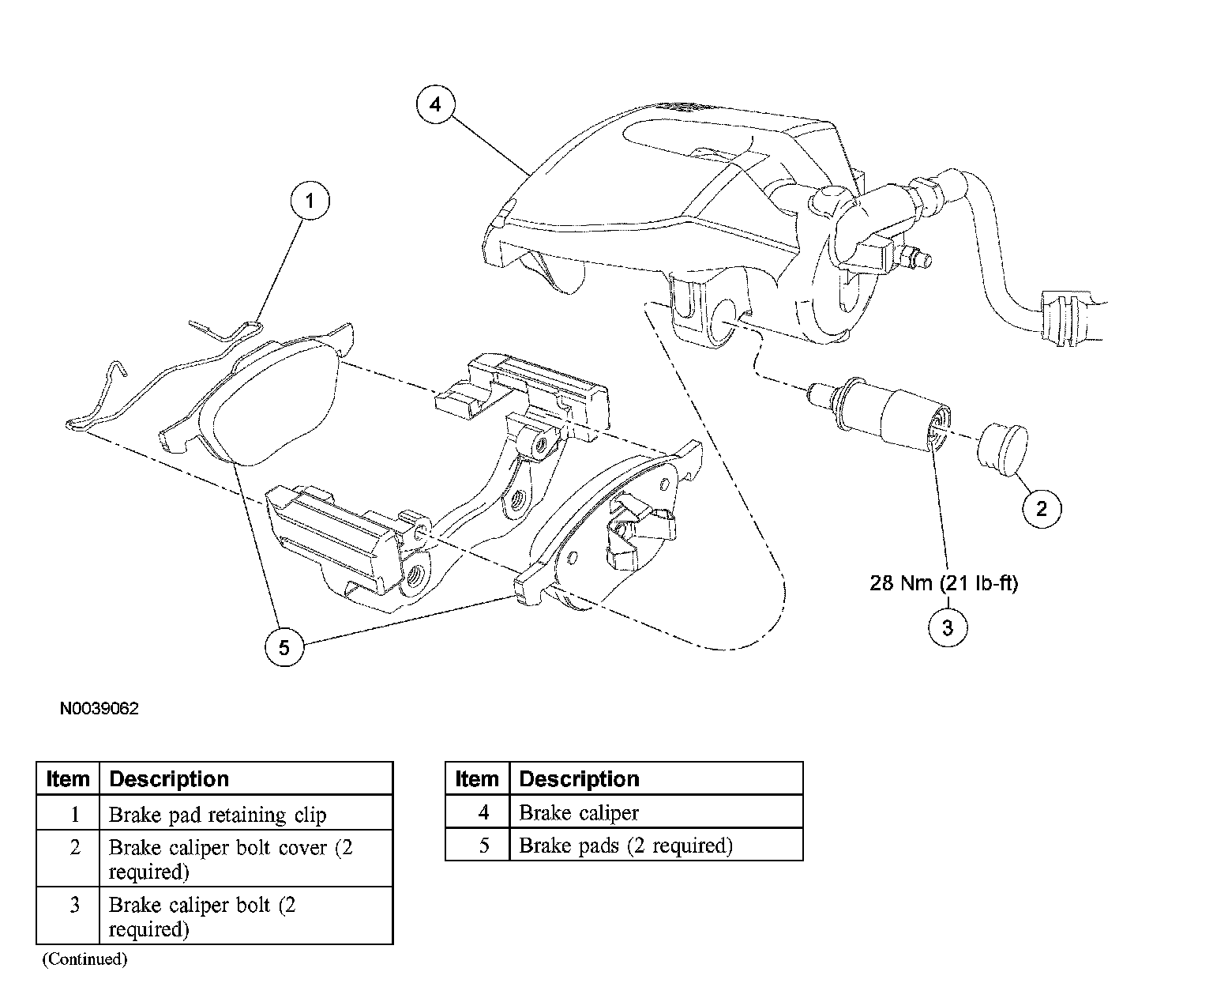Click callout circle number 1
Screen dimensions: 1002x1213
click(x=310, y=201)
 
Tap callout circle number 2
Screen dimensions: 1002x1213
click(x=1041, y=508)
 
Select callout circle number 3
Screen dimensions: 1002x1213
click(x=947, y=627)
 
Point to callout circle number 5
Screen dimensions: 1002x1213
click(x=284, y=647)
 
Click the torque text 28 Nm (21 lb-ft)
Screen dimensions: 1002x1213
click(x=944, y=583)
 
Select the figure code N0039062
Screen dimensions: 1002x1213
click(x=100, y=709)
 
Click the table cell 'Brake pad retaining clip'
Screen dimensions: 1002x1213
click(x=217, y=815)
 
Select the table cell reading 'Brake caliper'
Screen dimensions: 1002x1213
click(x=579, y=812)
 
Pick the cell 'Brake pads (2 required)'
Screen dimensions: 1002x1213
click(x=625, y=846)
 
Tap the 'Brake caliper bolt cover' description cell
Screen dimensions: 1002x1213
click(x=231, y=858)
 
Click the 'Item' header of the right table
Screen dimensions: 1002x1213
click(x=477, y=779)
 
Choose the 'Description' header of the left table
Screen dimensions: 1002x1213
click(x=169, y=779)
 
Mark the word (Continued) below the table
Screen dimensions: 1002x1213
click(x=84, y=959)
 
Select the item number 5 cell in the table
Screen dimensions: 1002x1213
click(x=484, y=846)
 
